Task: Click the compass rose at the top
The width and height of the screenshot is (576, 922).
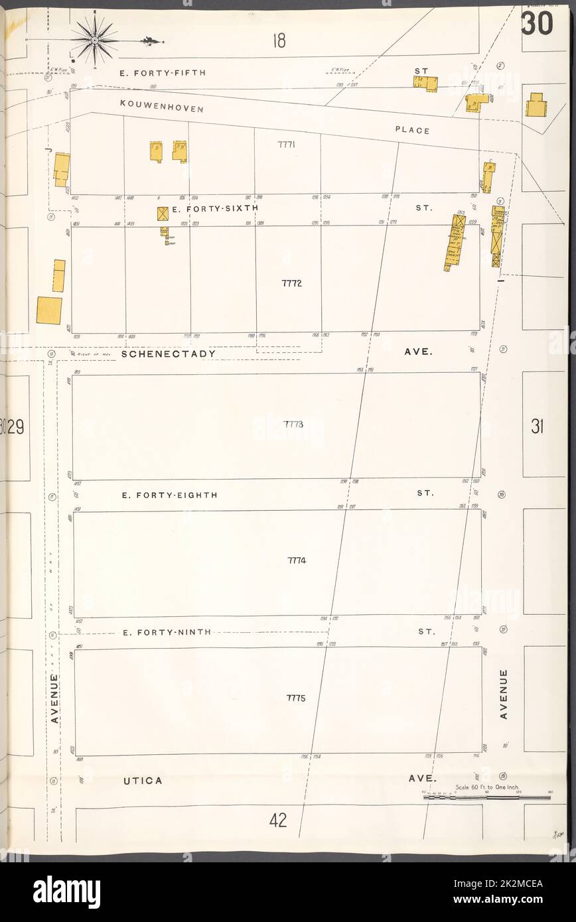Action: click(95, 40)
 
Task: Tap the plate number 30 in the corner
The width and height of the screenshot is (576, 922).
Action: click(537, 24)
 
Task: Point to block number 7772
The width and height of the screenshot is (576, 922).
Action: click(291, 283)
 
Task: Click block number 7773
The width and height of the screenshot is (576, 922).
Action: click(293, 424)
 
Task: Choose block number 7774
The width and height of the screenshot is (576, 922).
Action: click(297, 560)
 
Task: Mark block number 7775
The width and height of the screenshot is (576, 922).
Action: click(296, 698)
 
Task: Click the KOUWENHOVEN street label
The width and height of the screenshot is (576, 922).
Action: click(162, 107)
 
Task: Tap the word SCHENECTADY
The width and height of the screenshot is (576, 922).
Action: click(169, 354)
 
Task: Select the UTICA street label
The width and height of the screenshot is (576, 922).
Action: click(143, 781)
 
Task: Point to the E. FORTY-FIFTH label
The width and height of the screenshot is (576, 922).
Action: click(163, 72)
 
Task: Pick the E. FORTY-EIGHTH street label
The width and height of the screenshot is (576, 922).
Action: click(169, 495)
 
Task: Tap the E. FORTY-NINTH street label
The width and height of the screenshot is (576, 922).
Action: click(167, 632)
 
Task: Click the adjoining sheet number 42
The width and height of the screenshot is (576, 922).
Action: click(278, 821)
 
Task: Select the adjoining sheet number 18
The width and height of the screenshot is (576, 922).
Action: click(278, 41)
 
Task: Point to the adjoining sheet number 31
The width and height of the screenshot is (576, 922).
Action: click(538, 428)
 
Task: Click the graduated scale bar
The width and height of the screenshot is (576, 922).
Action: click(486, 797)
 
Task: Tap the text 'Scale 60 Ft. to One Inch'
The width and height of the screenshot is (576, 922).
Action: click(486, 787)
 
